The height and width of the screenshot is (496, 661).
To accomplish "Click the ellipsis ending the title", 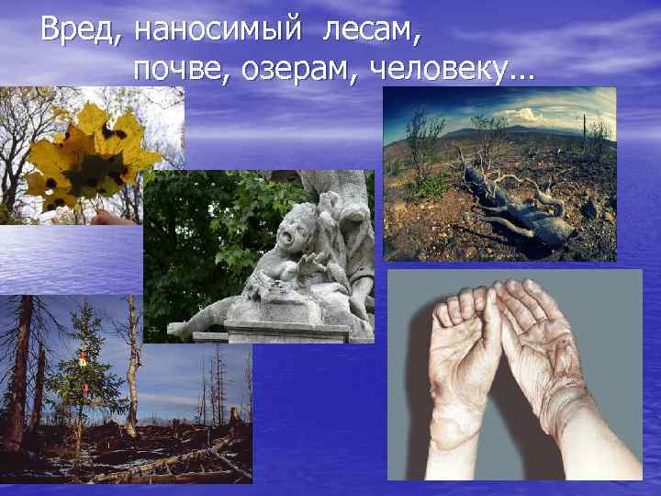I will tap(521, 73).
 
